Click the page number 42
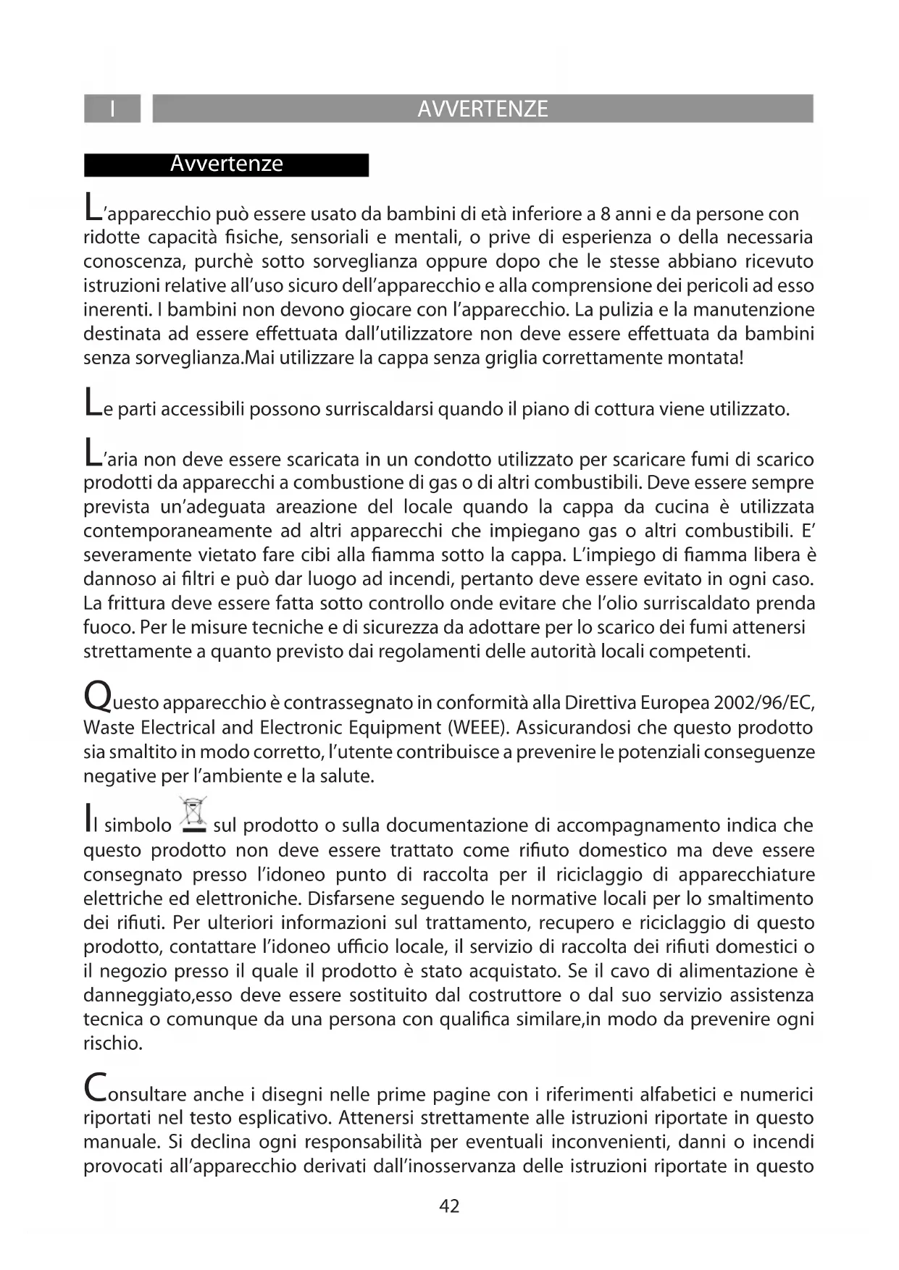click(449, 1206)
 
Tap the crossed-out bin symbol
click(193, 815)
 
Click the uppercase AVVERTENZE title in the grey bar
click(482, 109)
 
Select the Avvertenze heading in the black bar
click(226, 164)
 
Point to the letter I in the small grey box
click(112, 109)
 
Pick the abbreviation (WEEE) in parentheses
click(472, 727)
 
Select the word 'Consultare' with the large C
click(135, 1093)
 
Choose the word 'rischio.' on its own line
click(112, 1043)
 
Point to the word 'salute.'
click(346, 776)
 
